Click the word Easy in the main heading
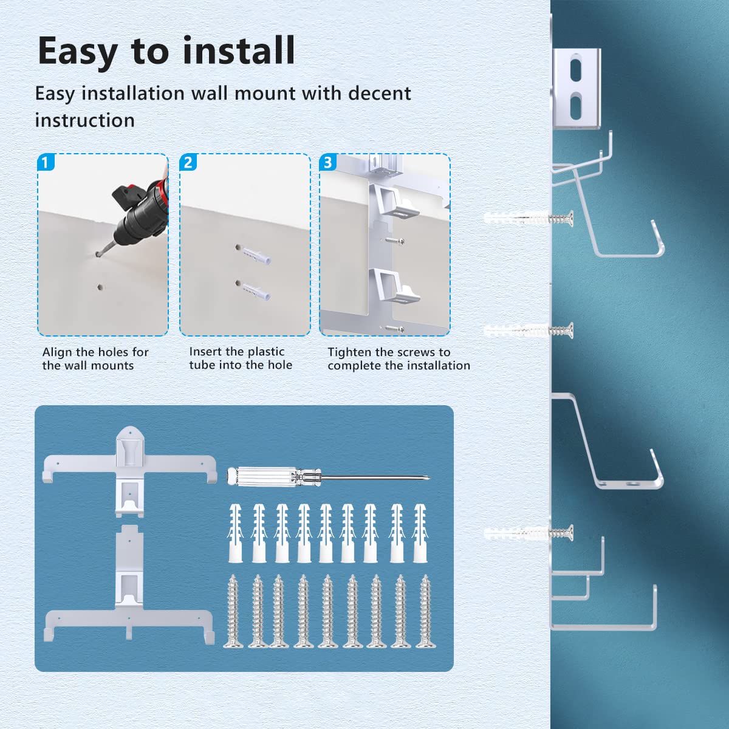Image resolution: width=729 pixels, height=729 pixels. pyautogui.click(x=77, y=51)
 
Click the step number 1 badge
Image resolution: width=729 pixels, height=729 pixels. pyautogui.click(x=46, y=163)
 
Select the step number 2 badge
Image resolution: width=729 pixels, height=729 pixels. pyautogui.click(x=188, y=163)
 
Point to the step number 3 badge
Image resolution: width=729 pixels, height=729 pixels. pyautogui.click(x=327, y=163)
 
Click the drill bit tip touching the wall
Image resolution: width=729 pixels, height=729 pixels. pyautogui.click(x=99, y=255)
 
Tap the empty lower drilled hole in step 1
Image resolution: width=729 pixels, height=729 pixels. pyautogui.click(x=100, y=287)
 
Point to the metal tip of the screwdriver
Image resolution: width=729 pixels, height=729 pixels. pyautogui.click(x=428, y=477)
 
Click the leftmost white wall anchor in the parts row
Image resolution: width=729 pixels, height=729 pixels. pyautogui.click(x=235, y=533)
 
